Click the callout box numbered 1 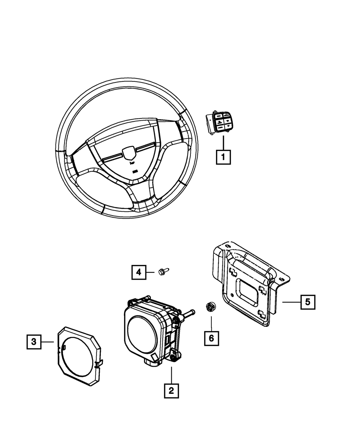pos(223,157)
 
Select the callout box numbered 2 pos(171,391)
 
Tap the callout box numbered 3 pos(34,342)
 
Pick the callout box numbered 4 pos(139,272)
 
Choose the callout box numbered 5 pos(308,302)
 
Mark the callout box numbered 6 pos(211,338)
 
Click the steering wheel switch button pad pos(220,123)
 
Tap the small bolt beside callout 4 pos(162,271)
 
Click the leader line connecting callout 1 pos(223,143)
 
